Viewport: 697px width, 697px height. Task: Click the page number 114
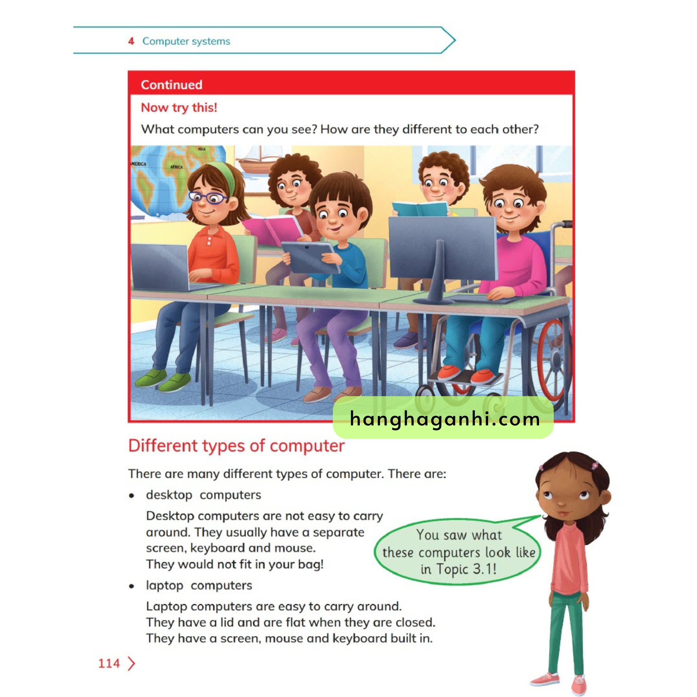(x=109, y=663)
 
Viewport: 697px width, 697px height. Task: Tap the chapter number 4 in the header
(x=131, y=41)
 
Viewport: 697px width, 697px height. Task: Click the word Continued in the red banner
(x=172, y=85)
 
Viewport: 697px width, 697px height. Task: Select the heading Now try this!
(x=179, y=108)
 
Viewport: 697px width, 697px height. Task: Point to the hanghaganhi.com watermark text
(x=444, y=419)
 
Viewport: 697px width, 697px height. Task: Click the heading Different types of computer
(x=236, y=446)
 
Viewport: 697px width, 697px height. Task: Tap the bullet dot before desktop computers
(x=132, y=496)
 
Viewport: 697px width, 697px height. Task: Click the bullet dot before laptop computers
(x=132, y=586)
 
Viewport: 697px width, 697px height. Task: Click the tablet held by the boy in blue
(x=310, y=257)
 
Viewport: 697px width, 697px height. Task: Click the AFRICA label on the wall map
(x=176, y=167)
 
